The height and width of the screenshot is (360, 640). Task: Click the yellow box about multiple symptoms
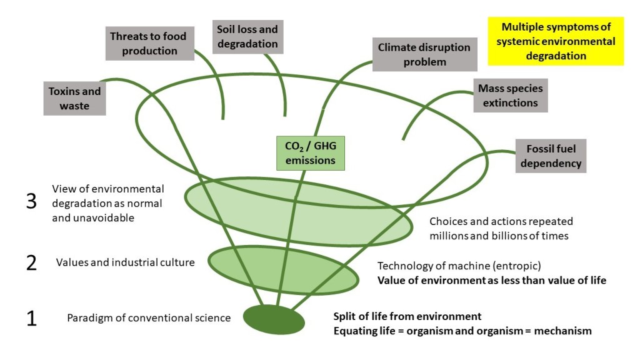pyautogui.click(x=556, y=41)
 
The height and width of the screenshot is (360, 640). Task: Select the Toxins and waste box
pyautogui.click(x=74, y=98)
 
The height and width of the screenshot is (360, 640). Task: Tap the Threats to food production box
pyautogui.click(x=149, y=43)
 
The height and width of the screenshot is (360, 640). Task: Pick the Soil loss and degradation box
pyautogui.click(x=247, y=36)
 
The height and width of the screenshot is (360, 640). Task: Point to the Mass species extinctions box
pyautogui.click(x=510, y=95)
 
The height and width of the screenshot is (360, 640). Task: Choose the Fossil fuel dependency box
pyautogui.click(x=551, y=156)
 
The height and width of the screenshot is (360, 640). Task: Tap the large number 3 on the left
pyautogui.click(x=31, y=203)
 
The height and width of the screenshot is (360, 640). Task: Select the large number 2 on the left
pyautogui.click(x=31, y=263)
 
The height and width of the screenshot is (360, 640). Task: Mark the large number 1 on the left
pyautogui.click(x=31, y=318)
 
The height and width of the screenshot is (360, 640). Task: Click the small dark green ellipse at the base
pyautogui.click(x=274, y=319)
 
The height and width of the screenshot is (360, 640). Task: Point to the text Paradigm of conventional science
pyautogui.click(x=149, y=318)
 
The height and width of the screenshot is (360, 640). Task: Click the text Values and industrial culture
pyautogui.click(x=125, y=262)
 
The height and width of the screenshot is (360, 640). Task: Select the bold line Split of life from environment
pyautogui.click(x=407, y=316)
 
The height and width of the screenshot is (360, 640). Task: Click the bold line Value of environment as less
pyautogui.click(x=491, y=280)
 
